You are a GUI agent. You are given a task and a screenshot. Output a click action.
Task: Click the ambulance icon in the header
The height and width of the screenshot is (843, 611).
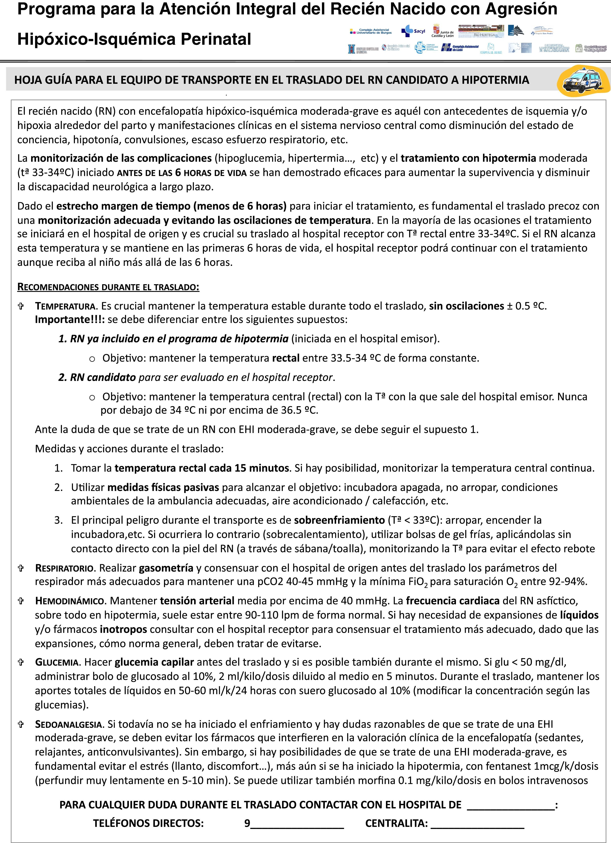(584, 81)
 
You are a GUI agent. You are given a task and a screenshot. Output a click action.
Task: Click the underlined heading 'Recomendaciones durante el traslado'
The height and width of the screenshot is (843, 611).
(108, 287)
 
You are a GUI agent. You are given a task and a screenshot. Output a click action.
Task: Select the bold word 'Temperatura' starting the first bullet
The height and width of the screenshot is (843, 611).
(65, 306)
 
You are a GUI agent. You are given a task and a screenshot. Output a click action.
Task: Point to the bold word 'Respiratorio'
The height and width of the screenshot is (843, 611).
(65, 568)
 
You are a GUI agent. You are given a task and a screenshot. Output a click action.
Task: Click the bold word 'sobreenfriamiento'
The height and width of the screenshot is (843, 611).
(339, 520)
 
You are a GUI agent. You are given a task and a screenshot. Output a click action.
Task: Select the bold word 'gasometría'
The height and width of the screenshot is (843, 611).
(166, 568)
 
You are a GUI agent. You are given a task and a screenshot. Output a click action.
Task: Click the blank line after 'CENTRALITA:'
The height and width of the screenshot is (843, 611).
(477, 824)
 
